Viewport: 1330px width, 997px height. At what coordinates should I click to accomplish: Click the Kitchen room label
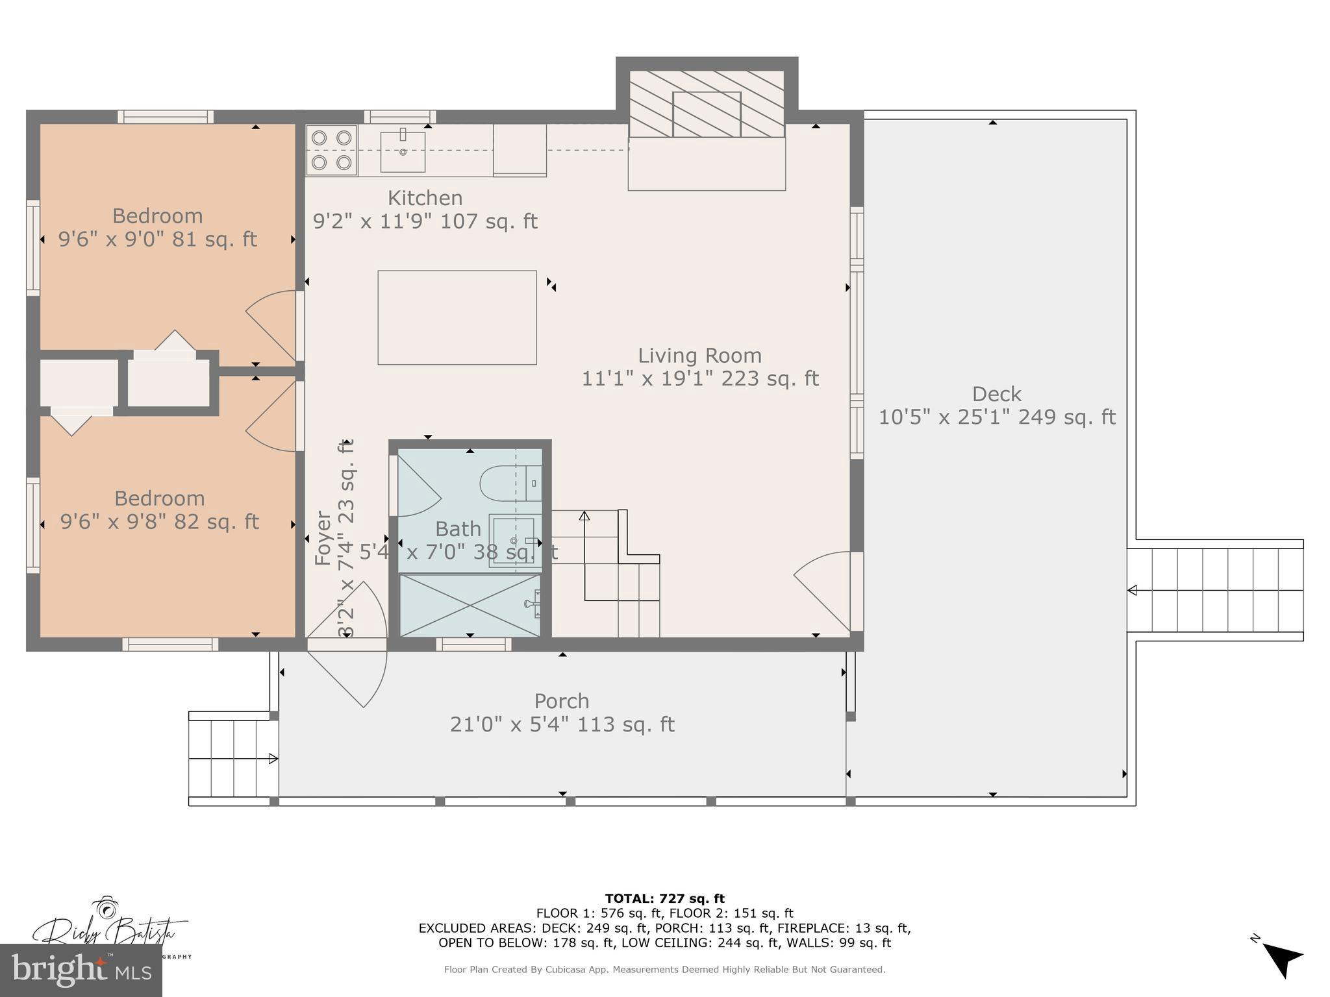(425, 198)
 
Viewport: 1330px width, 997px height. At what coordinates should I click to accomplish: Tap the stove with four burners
(331, 150)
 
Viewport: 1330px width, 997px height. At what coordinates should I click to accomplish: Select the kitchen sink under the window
(403, 151)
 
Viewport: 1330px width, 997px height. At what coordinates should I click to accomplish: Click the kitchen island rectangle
(457, 317)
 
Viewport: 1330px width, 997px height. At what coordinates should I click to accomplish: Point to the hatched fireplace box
(707, 105)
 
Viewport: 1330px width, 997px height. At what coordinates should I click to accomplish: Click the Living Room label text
(699, 356)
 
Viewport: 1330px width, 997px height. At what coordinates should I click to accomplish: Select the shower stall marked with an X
(469, 605)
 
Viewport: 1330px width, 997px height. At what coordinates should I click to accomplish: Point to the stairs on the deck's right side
(1214, 590)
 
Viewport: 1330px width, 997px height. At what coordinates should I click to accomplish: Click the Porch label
(562, 701)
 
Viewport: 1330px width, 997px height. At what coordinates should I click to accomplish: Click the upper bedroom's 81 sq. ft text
(215, 240)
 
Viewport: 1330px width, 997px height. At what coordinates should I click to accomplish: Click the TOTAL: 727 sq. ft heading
(664, 898)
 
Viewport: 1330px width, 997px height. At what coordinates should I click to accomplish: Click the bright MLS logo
(81, 970)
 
